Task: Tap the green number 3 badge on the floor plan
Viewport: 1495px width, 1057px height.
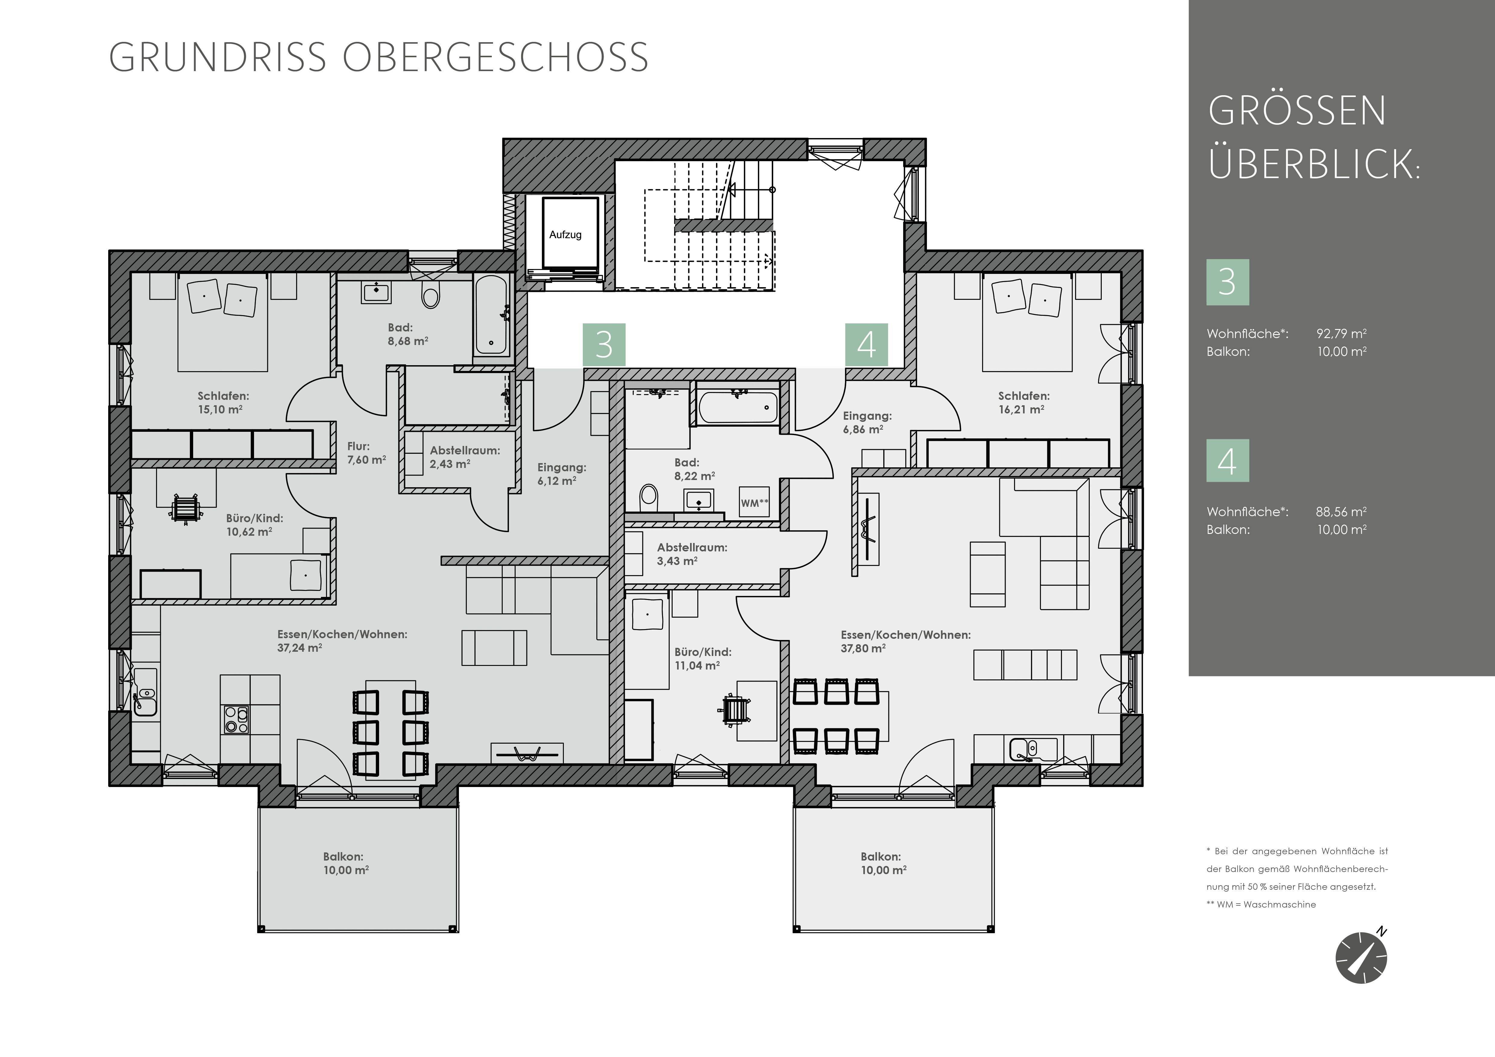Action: pos(604,345)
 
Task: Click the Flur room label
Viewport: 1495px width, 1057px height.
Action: pos(358,447)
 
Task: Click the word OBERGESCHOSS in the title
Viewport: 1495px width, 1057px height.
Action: pos(495,57)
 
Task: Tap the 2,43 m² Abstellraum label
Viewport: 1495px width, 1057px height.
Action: pos(464,457)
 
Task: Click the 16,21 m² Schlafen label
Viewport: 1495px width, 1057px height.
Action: pos(1024,402)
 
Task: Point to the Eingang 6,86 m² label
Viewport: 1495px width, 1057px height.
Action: pos(867,422)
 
